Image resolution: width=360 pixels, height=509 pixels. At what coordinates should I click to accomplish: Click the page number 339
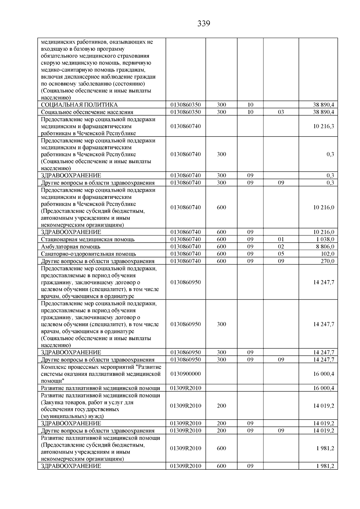(x=204, y=24)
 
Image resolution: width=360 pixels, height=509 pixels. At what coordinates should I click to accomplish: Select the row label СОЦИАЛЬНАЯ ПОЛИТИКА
(x=79, y=105)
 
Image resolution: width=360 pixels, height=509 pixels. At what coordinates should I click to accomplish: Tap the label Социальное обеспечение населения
(x=87, y=112)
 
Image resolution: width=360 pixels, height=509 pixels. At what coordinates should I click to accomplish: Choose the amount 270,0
(x=327, y=261)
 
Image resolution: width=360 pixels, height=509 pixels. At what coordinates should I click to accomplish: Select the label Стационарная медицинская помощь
(x=88, y=239)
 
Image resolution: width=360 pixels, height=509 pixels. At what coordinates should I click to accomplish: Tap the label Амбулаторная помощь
(x=70, y=247)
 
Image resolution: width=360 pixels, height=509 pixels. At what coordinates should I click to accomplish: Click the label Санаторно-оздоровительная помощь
(x=88, y=254)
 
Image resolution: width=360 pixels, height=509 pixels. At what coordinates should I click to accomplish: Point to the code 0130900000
(x=185, y=374)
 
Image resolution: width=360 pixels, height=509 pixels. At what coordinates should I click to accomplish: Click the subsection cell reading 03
(x=281, y=112)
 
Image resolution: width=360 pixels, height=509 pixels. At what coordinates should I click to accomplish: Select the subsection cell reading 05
(x=281, y=254)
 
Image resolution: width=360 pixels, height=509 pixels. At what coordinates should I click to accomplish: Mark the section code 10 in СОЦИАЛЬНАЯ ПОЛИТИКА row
(x=250, y=105)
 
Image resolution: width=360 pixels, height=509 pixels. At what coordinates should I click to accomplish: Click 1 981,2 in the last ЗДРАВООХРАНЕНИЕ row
(x=326, y=466)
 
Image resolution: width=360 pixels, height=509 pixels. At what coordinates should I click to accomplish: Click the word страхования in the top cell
(x=134, y=56)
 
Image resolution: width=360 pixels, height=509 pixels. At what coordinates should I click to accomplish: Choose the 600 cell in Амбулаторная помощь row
(x=221, y=247)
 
